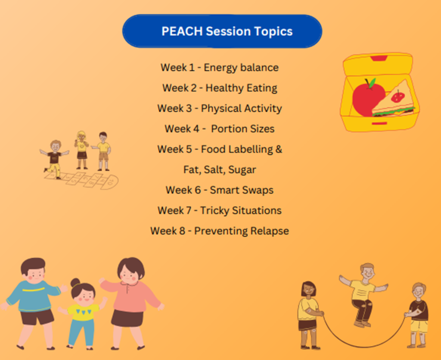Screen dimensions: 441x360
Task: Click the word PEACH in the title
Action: pos(182,31)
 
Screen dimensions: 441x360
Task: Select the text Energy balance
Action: pos(241,68)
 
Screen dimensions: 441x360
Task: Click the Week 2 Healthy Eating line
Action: pos(220,88)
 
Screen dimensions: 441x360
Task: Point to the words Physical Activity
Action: pos(241,109)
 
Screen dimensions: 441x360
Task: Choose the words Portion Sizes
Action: pos(243,129)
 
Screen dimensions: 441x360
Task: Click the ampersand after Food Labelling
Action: pos(279,150)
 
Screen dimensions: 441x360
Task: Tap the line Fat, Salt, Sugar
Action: pos(220,170)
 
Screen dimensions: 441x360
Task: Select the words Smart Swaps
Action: pos(242,190)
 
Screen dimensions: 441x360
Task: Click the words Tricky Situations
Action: pos(241,210)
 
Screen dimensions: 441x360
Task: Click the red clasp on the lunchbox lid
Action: pos(379,58)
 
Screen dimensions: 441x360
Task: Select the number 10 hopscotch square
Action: pos(110,182)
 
